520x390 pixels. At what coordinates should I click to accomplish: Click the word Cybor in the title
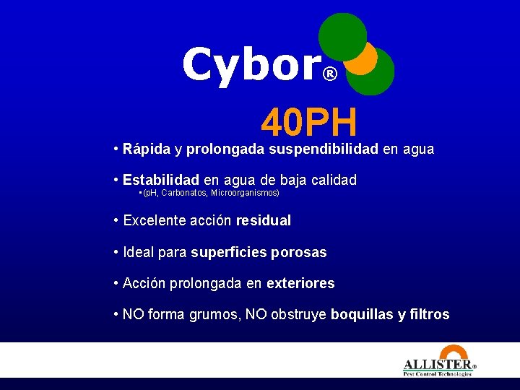pyautogui.click(x=250, y=65)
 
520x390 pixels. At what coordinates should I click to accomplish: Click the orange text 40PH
pyautogui.click(x=309, y=123)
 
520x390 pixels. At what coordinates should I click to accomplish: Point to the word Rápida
pyautogui.click(x=147, y=150)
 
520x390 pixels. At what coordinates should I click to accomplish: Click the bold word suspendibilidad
pyautogui.click(x=324, y=150)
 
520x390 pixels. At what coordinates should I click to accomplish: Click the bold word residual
pyautogui.click(x=264, y=221)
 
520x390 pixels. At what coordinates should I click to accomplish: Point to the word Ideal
pyautogui.click(x=139, y=253)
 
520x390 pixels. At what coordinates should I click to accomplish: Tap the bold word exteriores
pyautogui.click(x=300, y=284)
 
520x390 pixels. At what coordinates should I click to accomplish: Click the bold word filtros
pyautogui.click(x=430, y=315)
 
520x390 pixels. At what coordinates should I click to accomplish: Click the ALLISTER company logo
pyautogui.click(x=438, y=367)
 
